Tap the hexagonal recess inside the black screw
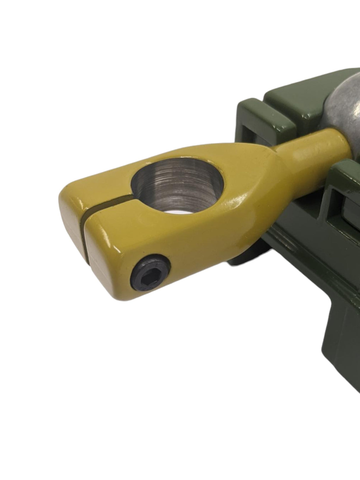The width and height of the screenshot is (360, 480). [148, 278]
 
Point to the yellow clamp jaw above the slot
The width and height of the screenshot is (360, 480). [95, 190]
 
